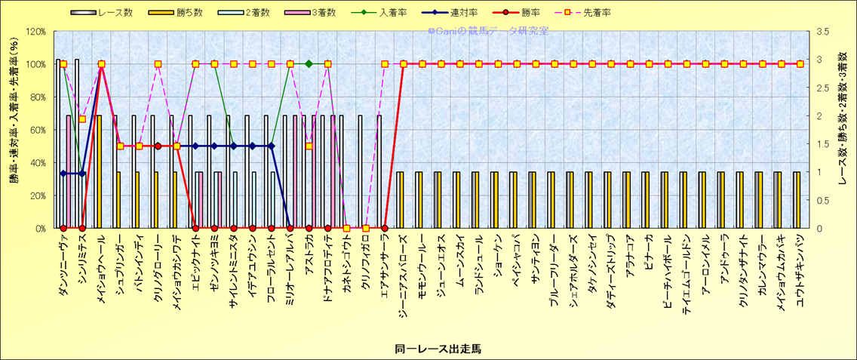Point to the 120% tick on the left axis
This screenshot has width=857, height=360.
35,32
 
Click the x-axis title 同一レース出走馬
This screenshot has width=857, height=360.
438,349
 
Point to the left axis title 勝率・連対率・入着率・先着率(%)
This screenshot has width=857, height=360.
14,130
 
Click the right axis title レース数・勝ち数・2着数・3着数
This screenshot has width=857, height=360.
843,130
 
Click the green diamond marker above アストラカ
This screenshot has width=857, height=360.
309,64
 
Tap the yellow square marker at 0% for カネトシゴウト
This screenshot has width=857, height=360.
346,228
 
